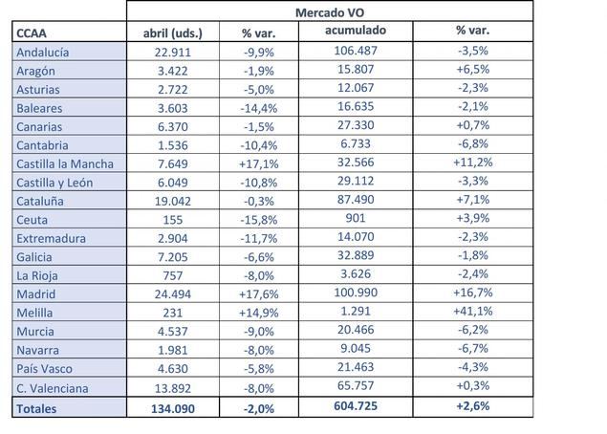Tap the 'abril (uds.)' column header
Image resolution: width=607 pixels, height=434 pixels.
173,33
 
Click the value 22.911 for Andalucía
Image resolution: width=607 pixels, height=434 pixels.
173,53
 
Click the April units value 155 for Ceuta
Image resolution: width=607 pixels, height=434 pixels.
173,219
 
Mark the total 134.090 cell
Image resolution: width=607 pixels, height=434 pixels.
173,408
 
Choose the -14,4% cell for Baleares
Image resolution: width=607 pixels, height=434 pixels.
259,108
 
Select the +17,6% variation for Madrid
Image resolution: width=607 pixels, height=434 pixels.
259,293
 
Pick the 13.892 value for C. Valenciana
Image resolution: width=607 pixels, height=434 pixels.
173,387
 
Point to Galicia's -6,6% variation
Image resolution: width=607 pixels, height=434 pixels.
259,256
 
